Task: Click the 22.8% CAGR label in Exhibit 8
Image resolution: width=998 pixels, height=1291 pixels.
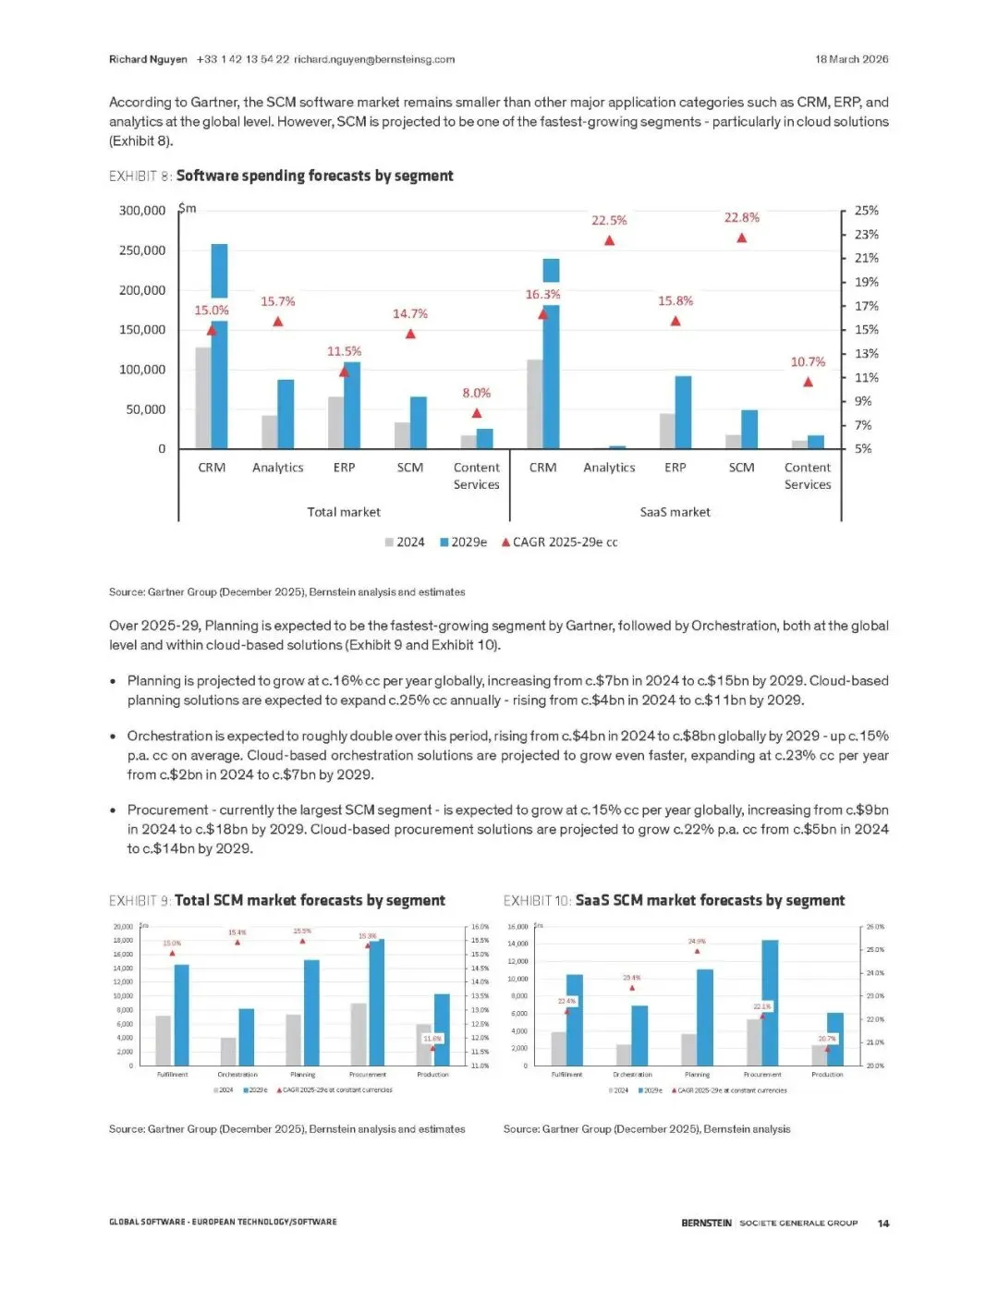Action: [x=741, y=218]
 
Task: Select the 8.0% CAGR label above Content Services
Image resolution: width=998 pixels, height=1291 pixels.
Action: [x=476, y=394]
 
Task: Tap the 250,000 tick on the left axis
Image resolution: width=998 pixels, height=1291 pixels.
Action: [x=142, y=250]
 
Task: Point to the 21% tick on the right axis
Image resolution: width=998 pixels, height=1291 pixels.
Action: [x=866, y=258]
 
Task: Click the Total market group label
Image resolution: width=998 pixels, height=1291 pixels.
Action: [x=344, y=512]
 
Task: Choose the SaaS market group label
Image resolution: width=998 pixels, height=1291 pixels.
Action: [x=675, y=512]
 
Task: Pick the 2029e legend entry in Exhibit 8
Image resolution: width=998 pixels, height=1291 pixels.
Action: [x=464, y=542]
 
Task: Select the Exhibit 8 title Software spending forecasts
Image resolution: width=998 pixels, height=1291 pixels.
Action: [x=314, y=176]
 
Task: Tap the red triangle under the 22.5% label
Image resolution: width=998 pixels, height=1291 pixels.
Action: [x=609, y=240]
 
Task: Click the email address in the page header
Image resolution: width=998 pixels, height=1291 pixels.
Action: [x=374, y=59]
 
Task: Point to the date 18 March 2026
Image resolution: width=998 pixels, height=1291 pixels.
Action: [x=851, y=59]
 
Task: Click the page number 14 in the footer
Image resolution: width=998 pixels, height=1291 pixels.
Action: [x=882, y=1224]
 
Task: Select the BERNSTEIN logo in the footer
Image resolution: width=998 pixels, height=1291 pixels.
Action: [x=706, y=1224]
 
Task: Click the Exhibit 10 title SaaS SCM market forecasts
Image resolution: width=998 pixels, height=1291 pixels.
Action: [x=710, y=900]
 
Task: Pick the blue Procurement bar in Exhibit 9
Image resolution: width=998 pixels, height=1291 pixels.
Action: [x=376, y=1003]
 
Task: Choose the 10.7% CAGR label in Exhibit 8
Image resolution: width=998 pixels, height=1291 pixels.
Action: [x=808, y=362]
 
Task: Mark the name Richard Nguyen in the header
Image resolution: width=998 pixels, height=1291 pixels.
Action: [x=148, y=59]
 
